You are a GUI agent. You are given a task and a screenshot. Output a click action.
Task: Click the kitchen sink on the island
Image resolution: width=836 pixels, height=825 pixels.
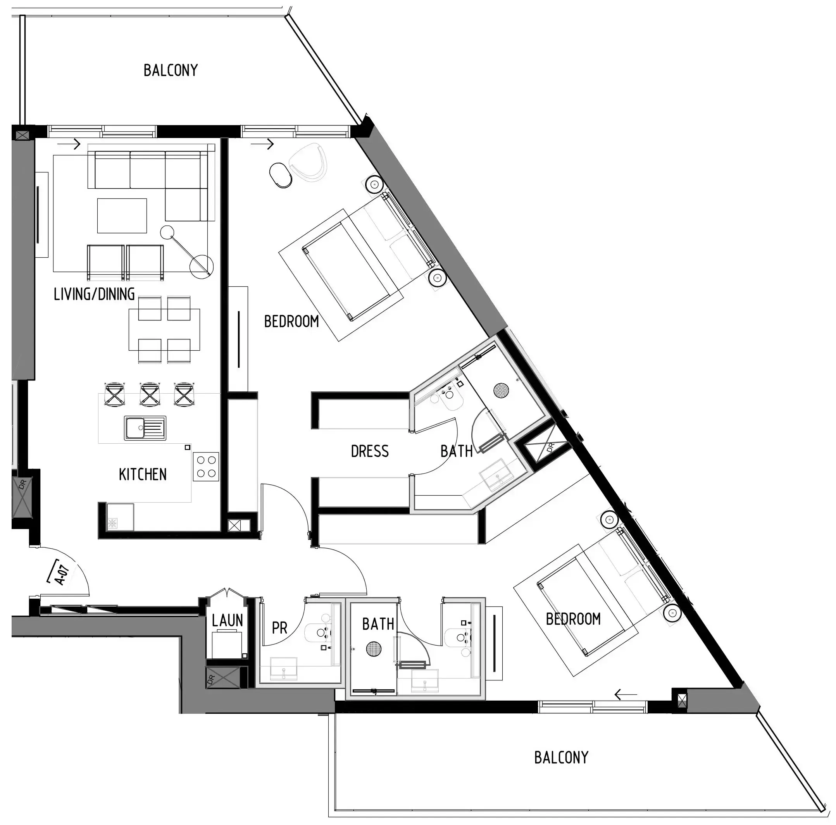[145, 428]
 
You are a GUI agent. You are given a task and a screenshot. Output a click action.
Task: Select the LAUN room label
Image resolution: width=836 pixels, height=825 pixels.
[227, 620]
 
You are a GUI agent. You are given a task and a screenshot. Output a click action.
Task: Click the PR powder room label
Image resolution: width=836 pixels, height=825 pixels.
[279, 628]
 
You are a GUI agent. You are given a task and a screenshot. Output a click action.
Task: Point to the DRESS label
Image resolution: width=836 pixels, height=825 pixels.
[369, 451]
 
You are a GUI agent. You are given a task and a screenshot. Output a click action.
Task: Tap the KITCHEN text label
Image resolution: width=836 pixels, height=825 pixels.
[142, 475]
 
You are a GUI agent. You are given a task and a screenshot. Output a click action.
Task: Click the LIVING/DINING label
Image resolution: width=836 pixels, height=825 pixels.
[94, 294]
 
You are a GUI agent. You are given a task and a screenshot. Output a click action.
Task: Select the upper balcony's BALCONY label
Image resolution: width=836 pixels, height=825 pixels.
[171, 70]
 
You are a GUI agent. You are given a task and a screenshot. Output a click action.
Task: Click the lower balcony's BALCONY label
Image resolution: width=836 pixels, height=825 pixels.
[561, 758]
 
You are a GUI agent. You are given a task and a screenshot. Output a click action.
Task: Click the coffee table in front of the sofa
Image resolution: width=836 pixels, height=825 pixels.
[122, 215]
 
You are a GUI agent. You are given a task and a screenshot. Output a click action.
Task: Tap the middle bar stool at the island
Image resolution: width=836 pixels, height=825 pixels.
[150, 394]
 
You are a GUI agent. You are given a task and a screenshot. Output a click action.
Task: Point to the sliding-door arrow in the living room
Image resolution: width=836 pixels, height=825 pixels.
[69, 144]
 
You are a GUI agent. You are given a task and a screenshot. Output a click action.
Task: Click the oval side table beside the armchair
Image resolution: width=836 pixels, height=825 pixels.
[280, 175]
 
